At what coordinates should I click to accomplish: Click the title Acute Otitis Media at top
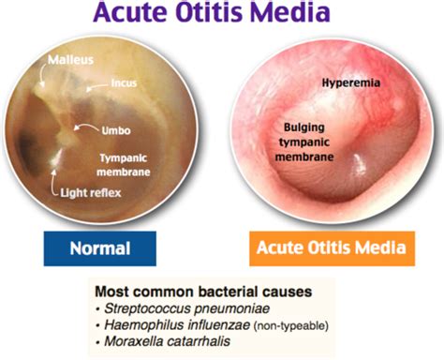(x=222, y=16)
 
